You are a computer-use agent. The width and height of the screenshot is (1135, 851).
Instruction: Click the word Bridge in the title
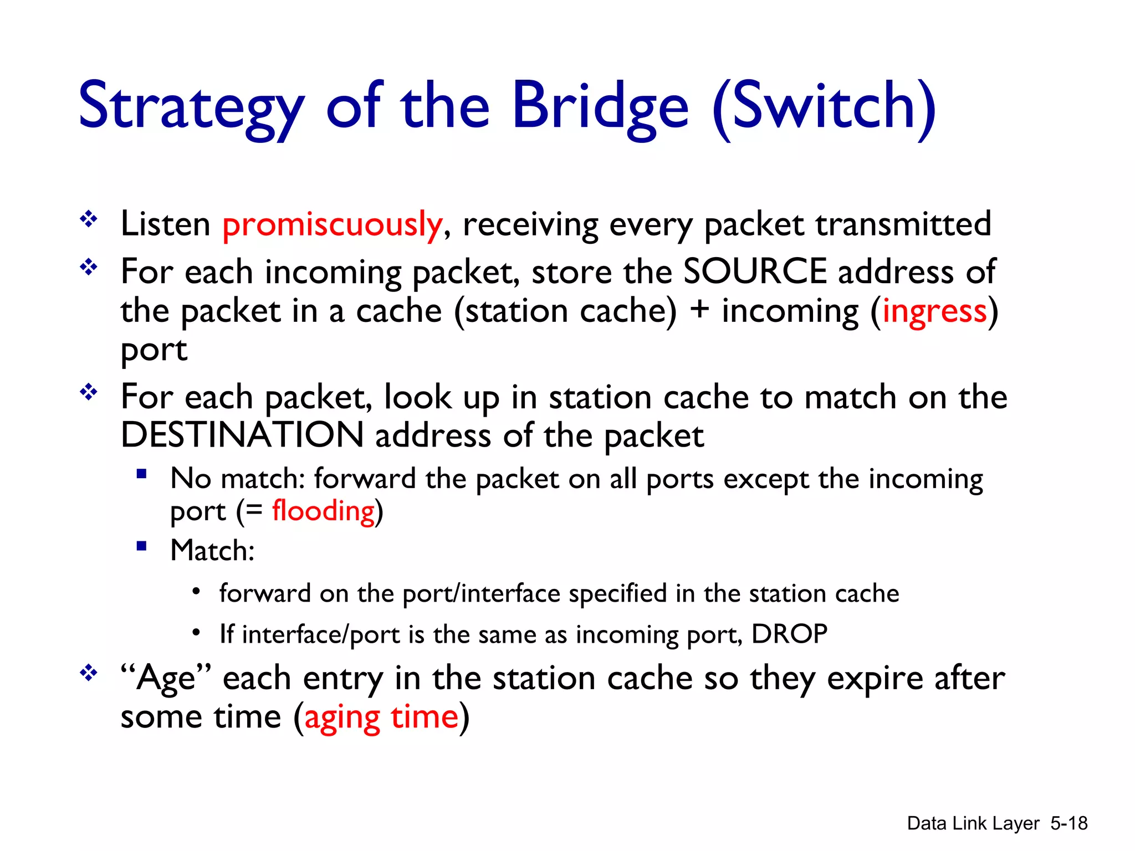tap(600, 105)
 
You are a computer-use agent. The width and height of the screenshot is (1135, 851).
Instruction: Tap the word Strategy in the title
tap(191, 105)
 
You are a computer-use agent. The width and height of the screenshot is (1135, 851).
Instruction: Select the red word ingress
tap(934, 311)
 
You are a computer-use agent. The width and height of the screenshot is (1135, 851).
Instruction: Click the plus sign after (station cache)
tap(699, 309)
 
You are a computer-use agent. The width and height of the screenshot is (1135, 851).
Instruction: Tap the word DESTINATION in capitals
tap(242, 435)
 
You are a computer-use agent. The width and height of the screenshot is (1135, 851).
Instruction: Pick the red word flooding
tap(323, 511)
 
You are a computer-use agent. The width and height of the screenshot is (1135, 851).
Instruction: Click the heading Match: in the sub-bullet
tap(212, 551)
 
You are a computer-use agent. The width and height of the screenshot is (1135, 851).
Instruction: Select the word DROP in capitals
tap(789, 634)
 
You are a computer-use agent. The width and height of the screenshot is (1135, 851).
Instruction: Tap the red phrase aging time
tap(381, 717)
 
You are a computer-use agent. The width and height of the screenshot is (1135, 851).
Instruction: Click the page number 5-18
tap(1069, 823)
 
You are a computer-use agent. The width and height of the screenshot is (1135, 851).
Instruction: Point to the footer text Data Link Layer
tap(973, 824)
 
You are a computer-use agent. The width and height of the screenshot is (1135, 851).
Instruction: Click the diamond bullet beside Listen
tap(89, 220)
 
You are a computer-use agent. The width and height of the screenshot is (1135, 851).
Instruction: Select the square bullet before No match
tap(142, 474)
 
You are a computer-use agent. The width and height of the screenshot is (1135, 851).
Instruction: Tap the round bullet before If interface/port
tap(196, 633)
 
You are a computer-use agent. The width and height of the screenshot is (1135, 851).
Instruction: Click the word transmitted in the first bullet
tap(903, 224)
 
